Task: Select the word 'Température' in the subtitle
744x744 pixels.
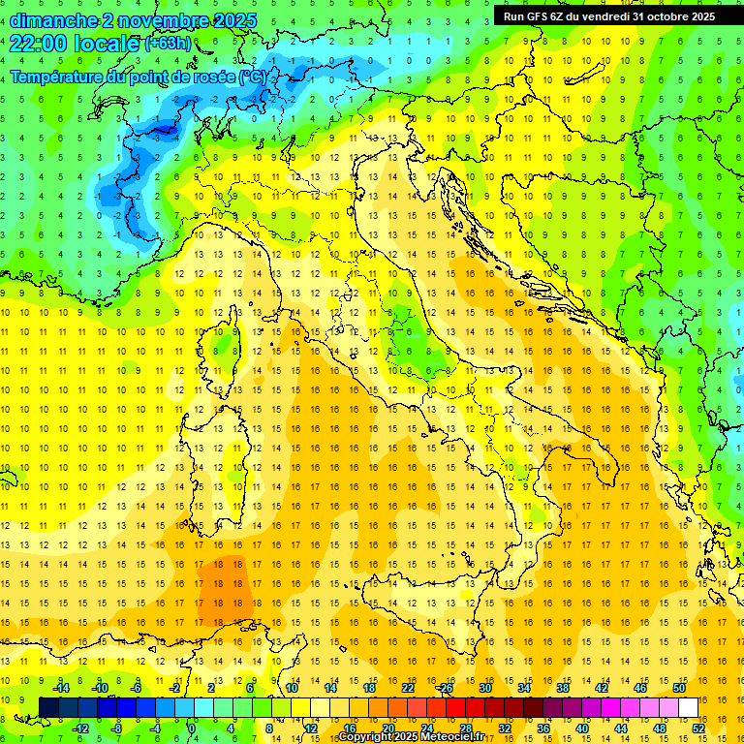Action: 60,77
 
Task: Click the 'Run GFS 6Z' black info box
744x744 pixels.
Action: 609,15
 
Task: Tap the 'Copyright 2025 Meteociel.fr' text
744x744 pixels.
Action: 418,737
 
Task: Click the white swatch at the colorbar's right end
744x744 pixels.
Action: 688,708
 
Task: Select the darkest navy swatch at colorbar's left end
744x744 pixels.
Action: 48,708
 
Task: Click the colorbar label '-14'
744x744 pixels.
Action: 60,687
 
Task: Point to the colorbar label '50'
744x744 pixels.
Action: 679,687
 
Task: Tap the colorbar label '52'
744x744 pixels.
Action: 698,728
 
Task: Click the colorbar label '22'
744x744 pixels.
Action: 408,687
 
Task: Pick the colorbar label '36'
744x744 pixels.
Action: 543,728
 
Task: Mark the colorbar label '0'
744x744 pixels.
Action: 193,728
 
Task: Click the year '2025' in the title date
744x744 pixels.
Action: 234,20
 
